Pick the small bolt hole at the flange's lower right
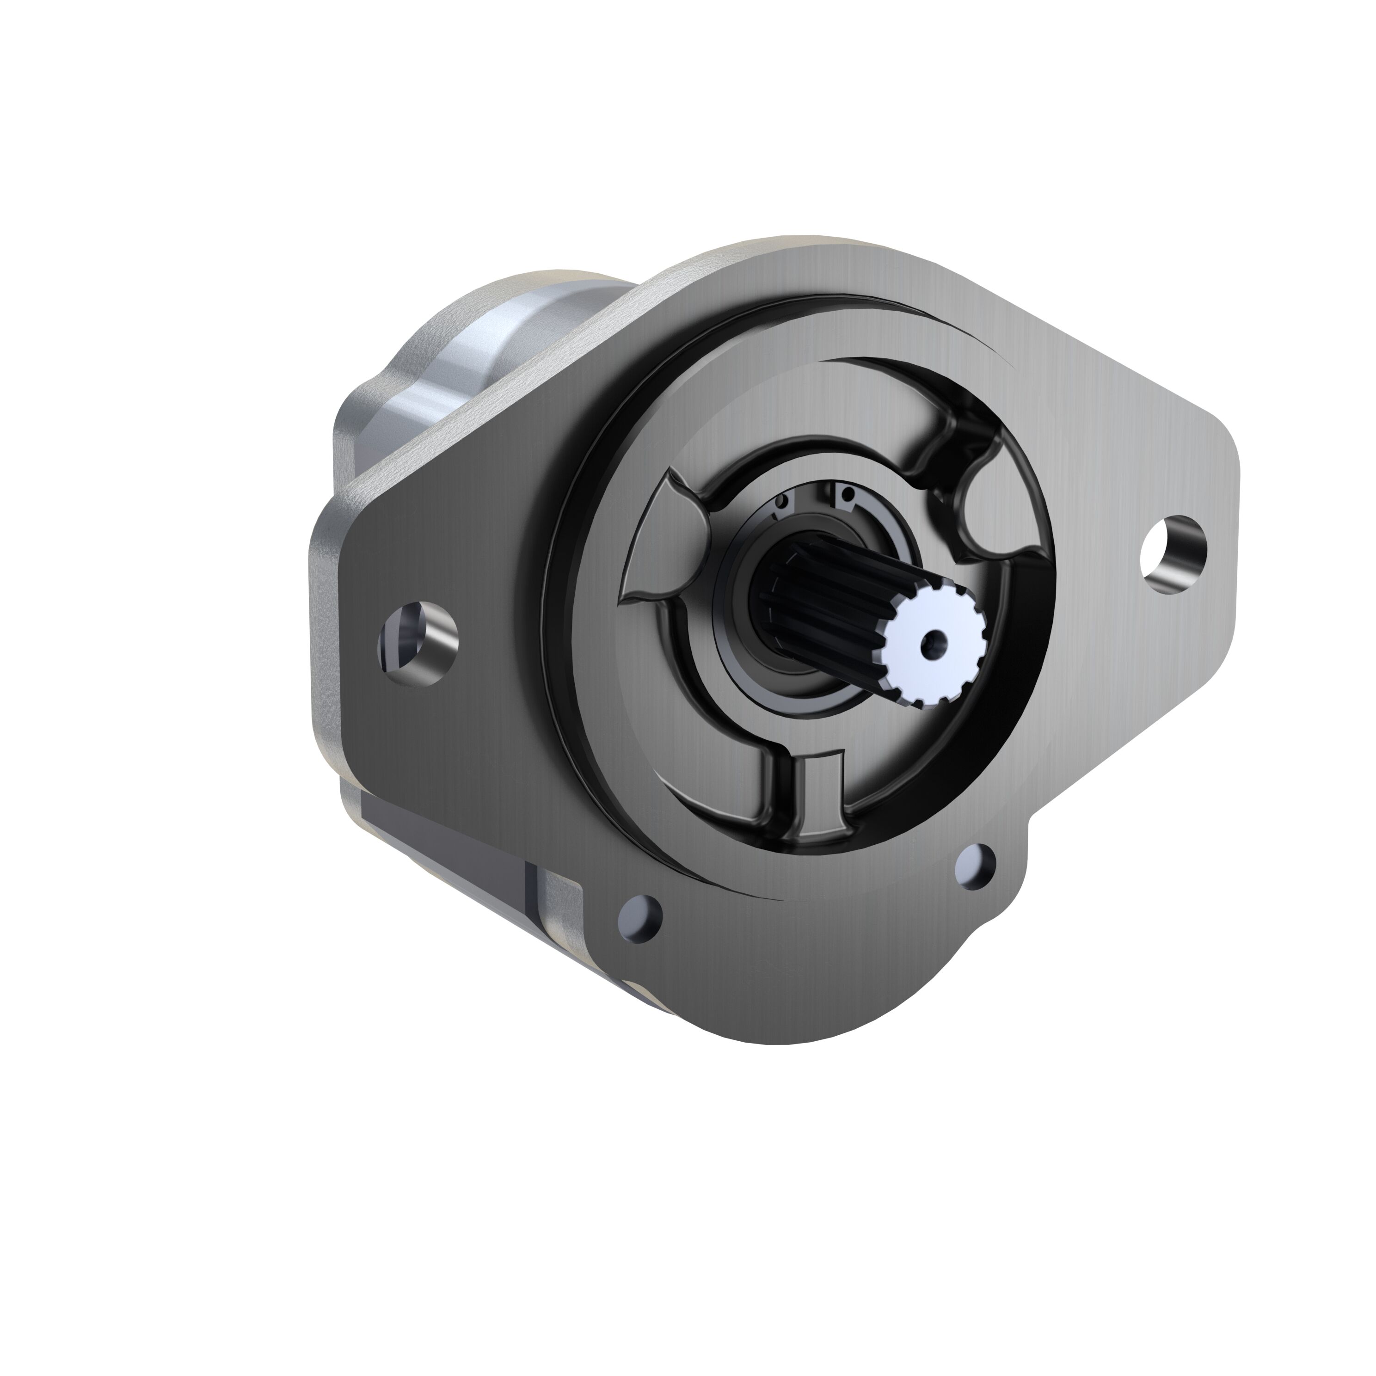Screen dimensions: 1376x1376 tap(976, 866)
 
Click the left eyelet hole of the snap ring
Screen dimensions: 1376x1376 tap(781, 503)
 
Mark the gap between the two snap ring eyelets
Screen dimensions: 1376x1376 tap(812, 497)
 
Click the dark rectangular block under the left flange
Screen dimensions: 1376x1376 tap(442, 841)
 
